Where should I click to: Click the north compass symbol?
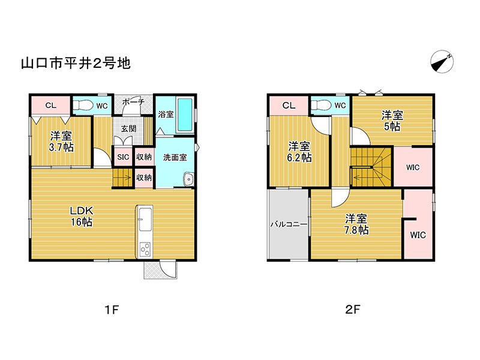point(442,62)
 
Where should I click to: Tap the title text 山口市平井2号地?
point(76,64)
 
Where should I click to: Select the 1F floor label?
point(112,310)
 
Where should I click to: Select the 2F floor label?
point(353,310)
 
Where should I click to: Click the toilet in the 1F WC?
point(83,106)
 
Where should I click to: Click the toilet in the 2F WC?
point(321,106)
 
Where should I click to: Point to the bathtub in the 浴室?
point(185,114)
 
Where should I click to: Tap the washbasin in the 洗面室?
point(188,179)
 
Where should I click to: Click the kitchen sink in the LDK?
point(145,219)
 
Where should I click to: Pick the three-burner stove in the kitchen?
point(145,249)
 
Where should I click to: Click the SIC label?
point(123,157)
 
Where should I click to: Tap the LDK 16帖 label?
point(82,216)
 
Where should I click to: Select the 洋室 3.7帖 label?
point(61,142)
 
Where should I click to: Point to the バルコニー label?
point(289,224)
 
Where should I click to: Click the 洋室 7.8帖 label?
point(356,224)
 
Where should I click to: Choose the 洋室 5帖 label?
point(392,121)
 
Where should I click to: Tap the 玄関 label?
point(128,128)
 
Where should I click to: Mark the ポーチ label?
point(133,102)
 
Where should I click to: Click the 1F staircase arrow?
point(122,178)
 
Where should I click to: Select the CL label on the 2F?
point(289,106)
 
